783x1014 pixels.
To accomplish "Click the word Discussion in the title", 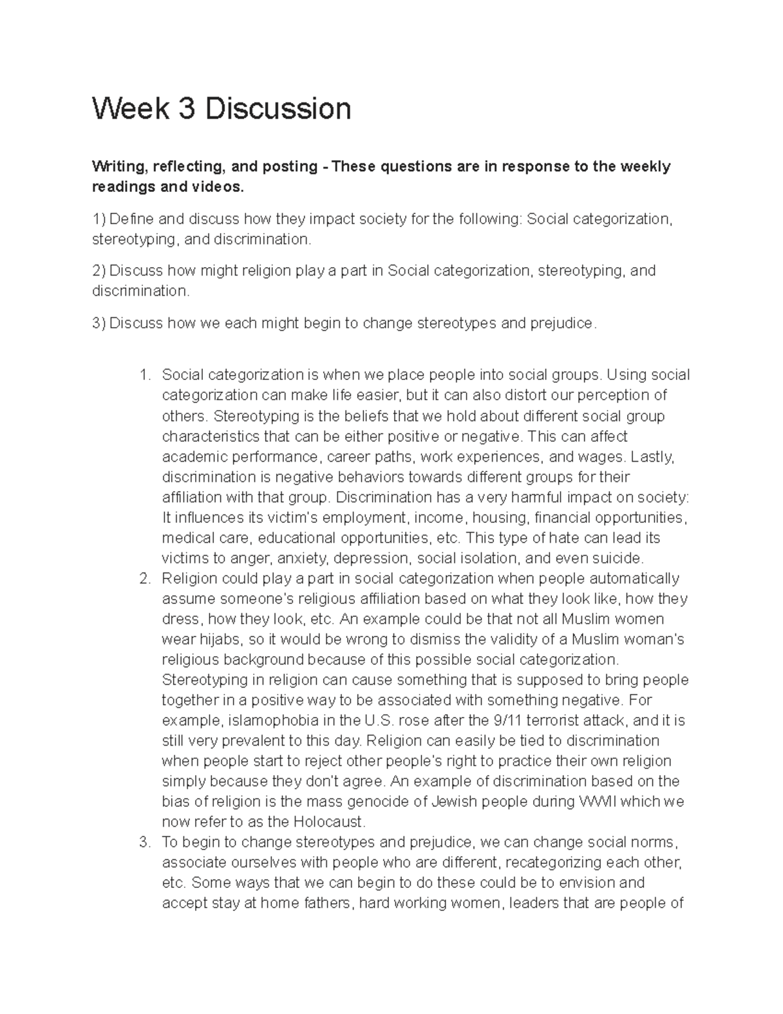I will point(278,108).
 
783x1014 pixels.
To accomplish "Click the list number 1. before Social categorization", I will point(145,375).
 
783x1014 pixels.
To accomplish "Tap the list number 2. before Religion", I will point(145,578).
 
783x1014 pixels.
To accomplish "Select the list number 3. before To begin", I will point(145,842).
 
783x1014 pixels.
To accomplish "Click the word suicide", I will point(619,558).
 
